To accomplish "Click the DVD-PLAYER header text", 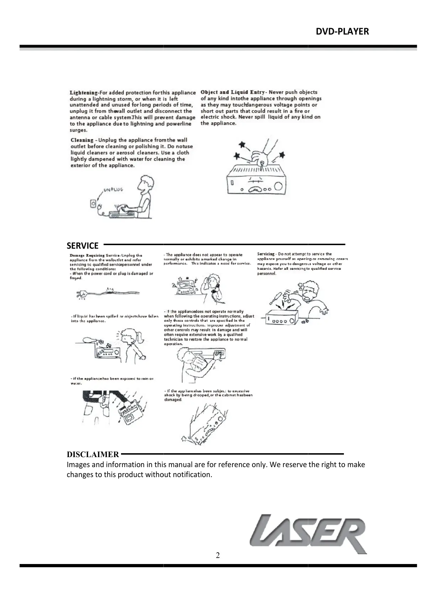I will [342, 32].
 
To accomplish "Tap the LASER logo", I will [308, 534].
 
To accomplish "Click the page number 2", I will [218, 555].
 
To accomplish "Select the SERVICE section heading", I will [83, 245].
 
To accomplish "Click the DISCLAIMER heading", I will [93, 454].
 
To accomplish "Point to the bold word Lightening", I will [84, 93].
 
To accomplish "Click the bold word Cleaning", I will [82, 140].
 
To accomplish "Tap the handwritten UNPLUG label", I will [114, 190].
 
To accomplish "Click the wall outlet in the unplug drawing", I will [93, 204].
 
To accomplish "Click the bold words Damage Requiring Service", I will [87, 255].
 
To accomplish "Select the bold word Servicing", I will [266, 254].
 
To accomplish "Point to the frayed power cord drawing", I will [107, 293].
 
